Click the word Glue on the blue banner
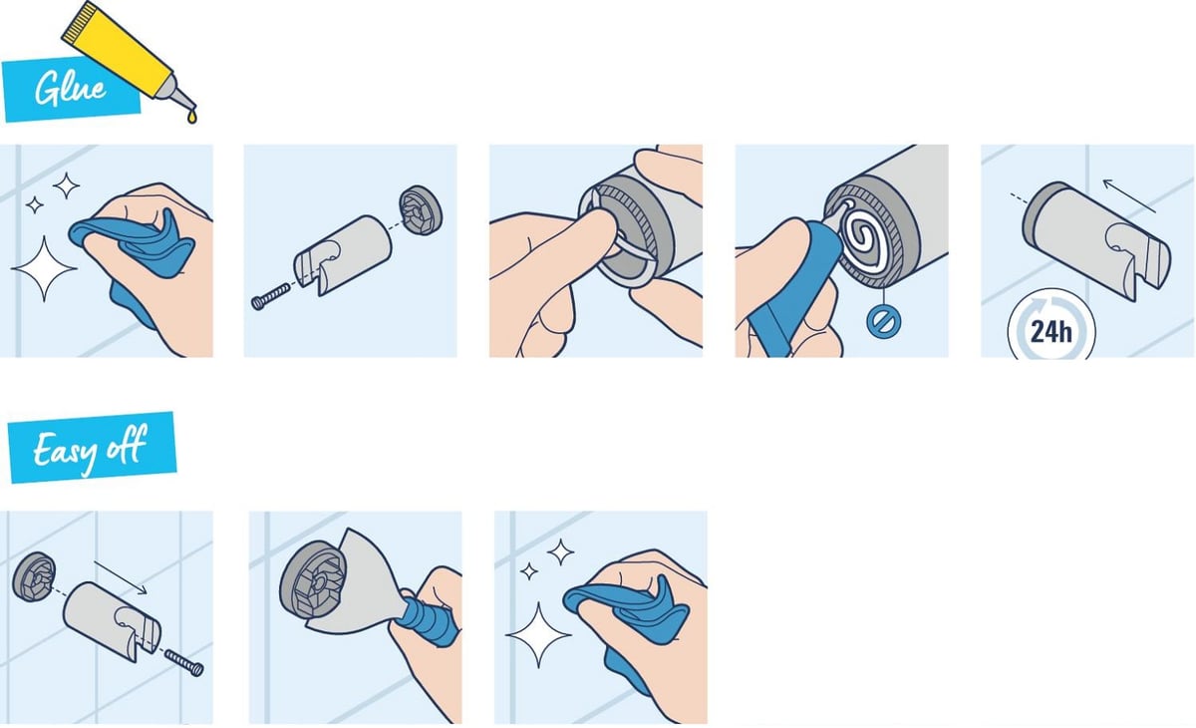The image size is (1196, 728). (x=71, y=88)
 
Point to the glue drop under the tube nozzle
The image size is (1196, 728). (x=191, y=116)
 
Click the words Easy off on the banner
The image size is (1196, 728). (x=90, y=449)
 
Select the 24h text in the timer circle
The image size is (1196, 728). (x=1050, y=332)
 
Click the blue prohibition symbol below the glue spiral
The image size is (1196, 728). (x=884, y=321)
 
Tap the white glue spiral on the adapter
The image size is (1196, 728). (x=866, y=236)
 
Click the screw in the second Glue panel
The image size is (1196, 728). (x=271, y=296)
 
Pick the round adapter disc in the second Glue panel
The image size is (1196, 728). (x=421, y=210)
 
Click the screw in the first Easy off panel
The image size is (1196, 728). (x=184, y=663)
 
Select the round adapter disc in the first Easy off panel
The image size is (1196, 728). (x=34, y=576)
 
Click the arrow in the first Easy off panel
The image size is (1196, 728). (x=121, y=577)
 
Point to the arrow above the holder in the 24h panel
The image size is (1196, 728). (x=1129, y=196)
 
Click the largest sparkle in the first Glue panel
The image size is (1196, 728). (x=44, y=268)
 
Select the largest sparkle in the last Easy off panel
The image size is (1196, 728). (x=538, y=635)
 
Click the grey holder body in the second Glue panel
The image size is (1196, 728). (x=342, y=254)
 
